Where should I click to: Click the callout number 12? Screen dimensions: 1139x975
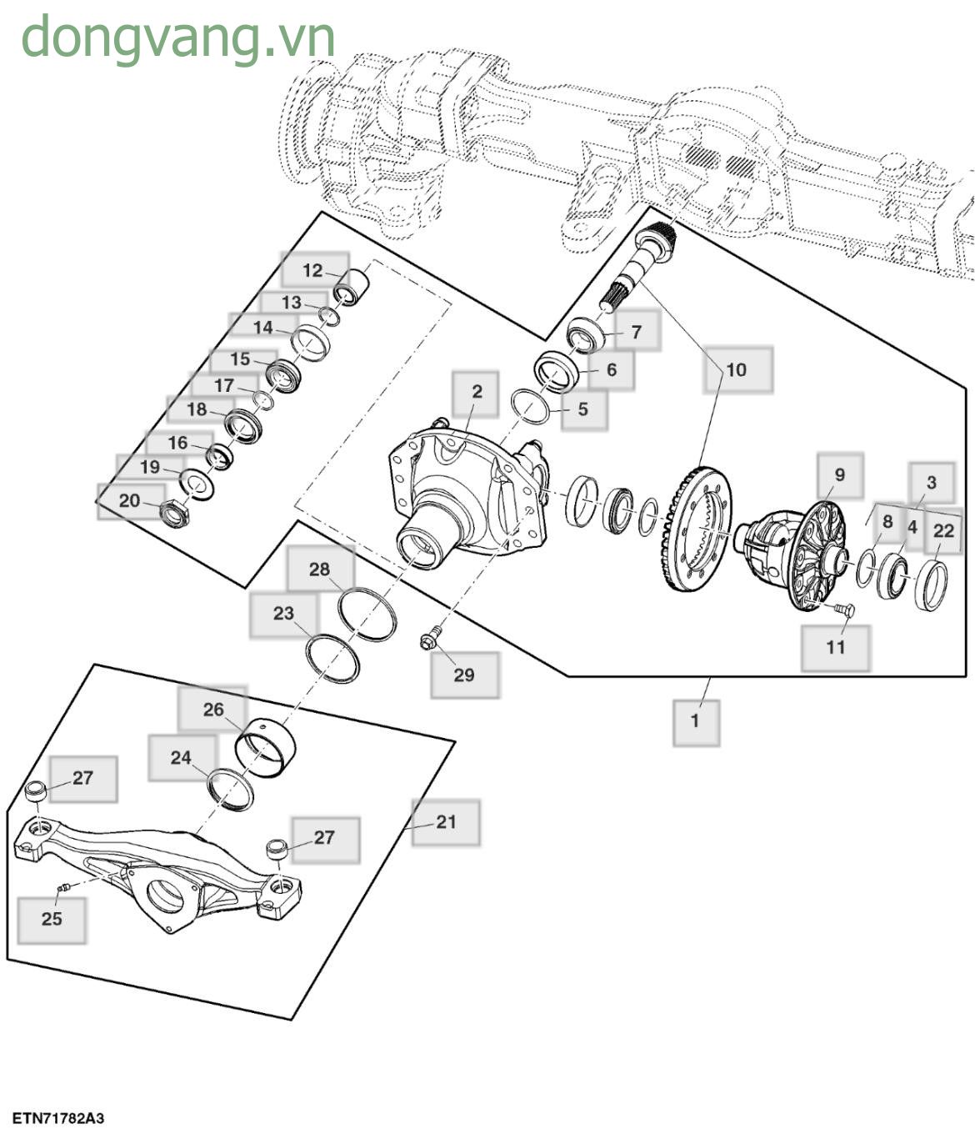pos(312,271)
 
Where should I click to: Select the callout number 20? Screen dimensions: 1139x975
pos(129,501)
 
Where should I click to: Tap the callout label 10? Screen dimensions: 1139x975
pos(737,370)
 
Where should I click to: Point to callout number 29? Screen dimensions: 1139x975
pos(464,675)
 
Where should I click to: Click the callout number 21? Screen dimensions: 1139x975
pos(447,822)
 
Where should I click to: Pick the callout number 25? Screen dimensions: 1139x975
pos(52,919)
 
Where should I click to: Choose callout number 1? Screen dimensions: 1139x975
pos(696,720)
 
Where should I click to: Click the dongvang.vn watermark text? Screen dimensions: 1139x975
pos(177,38)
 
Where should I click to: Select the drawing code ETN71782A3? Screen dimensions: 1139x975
pos(58,1118)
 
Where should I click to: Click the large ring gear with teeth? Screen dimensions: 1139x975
pos(698,530)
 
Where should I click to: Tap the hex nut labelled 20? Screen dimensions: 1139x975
pos(174,514)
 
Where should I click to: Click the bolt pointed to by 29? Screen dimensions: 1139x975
pos(429,640)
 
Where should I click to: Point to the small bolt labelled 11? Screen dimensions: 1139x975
pos(842,610)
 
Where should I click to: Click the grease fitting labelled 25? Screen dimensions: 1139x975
pos(62,889)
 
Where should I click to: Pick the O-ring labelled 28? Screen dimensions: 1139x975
pos(367,614)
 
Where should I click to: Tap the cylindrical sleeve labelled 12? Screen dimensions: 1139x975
pos(351,285)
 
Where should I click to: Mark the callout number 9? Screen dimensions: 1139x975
pos(839,475)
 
